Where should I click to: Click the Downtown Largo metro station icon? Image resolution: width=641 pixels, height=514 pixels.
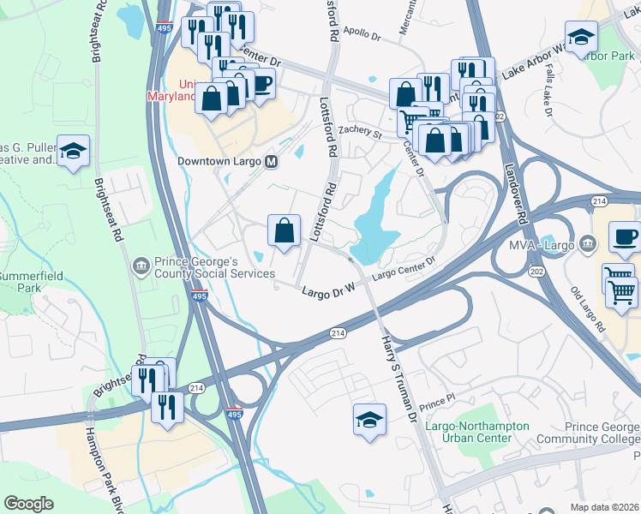pyautogui.click(x=272, y=161)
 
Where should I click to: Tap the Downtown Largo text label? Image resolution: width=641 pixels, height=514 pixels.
pyautogui.click(x=220, y=161)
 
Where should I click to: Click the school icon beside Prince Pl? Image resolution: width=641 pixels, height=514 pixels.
pyautogui.click(x=369, y=420)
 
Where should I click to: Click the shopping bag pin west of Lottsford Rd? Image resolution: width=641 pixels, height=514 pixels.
pyautogui.click(x=283, y=230)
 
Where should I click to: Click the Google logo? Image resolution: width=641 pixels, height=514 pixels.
pyautogui.click(x=30, y=503)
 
